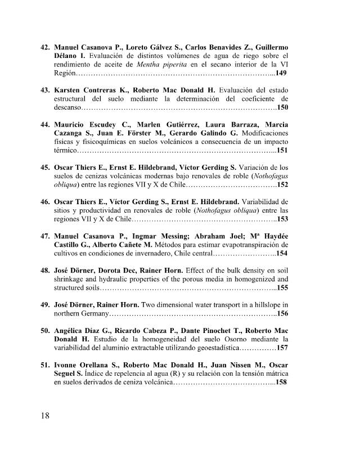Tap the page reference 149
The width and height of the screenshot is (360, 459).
click(281, 74)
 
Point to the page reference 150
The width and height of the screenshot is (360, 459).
click(282, 107)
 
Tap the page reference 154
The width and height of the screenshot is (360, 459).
click(282, 254)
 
